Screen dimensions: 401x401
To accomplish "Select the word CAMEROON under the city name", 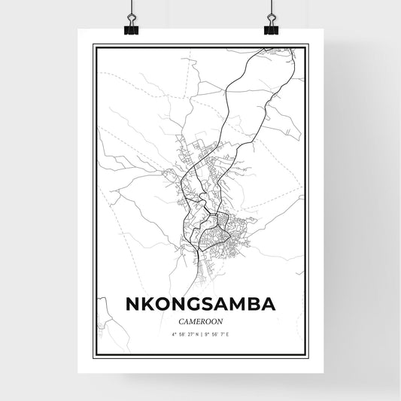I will click(x=199, y=321).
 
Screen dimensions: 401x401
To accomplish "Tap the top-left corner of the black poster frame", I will click(x=94, y=46).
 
